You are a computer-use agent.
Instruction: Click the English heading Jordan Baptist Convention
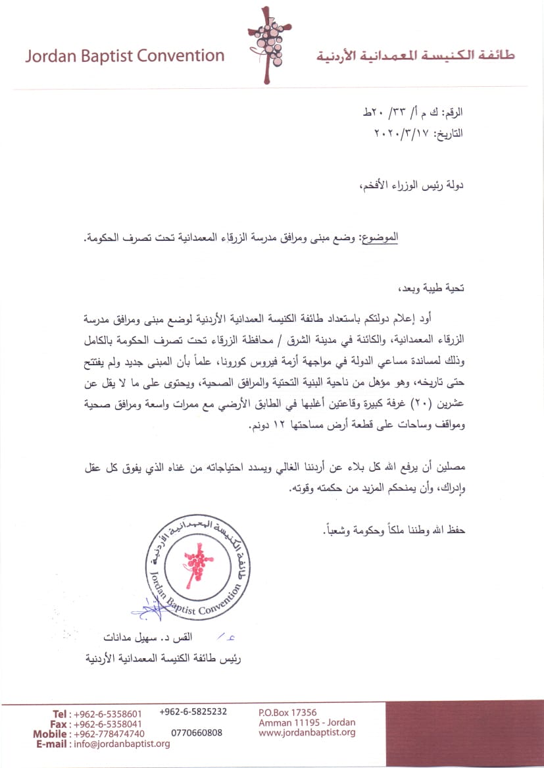tap(125, 55)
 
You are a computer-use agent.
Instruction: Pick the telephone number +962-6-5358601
tap(108, 714)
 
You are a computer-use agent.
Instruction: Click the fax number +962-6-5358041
tap(108, 724)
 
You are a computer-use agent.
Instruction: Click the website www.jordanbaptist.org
tap(307, 732)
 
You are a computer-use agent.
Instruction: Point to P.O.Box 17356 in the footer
tap(288, 712)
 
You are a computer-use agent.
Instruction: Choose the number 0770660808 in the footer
tap(197, 732)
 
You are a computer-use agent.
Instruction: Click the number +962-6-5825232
tap(193, 712)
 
